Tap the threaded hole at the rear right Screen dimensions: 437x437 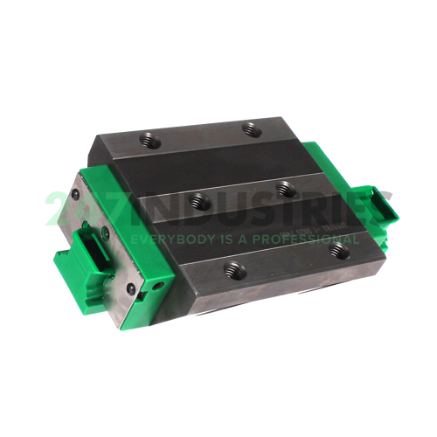(x=253, y=131)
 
